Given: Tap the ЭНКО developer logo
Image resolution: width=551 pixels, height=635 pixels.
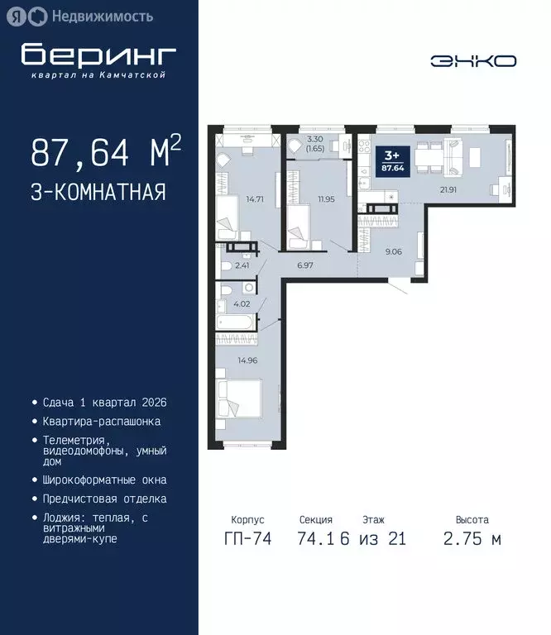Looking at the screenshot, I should pyautogui.click(x=473, y=60).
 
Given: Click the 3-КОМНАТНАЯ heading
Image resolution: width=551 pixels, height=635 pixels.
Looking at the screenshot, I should pyautogui.click(x=98, y=193).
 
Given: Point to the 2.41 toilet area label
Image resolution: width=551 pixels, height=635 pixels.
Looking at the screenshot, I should pyautogui.click(x=242, y=265).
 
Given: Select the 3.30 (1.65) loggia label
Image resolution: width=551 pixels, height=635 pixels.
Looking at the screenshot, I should pyautogui.click(x=314, y=145).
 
